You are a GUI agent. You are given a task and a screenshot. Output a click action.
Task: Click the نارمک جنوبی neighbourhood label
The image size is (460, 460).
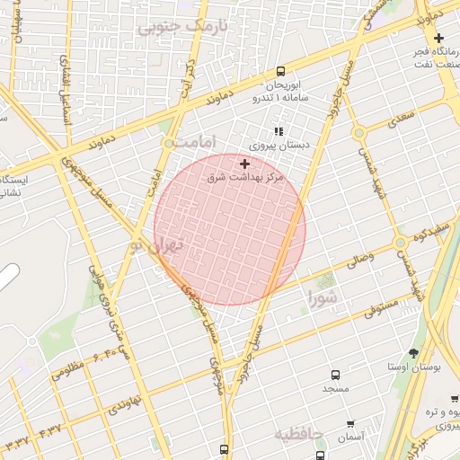point(182,26)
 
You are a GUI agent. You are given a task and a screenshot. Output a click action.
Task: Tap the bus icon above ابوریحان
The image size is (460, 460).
point(281,71)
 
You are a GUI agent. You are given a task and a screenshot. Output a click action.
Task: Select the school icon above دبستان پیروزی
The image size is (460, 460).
point(279,131)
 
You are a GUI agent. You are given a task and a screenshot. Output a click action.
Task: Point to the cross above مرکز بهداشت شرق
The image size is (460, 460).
point(245,164)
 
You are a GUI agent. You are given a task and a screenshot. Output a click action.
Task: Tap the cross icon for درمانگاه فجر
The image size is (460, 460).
point(438,38)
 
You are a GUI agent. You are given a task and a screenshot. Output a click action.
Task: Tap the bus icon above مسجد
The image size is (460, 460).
point(335,374)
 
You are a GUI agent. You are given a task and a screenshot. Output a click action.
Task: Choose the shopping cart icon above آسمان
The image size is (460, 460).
point(350,424)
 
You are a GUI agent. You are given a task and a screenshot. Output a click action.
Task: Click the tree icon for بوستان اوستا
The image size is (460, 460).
point(413,353)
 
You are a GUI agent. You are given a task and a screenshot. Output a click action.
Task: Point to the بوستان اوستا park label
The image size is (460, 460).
point(412,367)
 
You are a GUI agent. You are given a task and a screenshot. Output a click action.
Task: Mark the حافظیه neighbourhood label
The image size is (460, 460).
point(298,435)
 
